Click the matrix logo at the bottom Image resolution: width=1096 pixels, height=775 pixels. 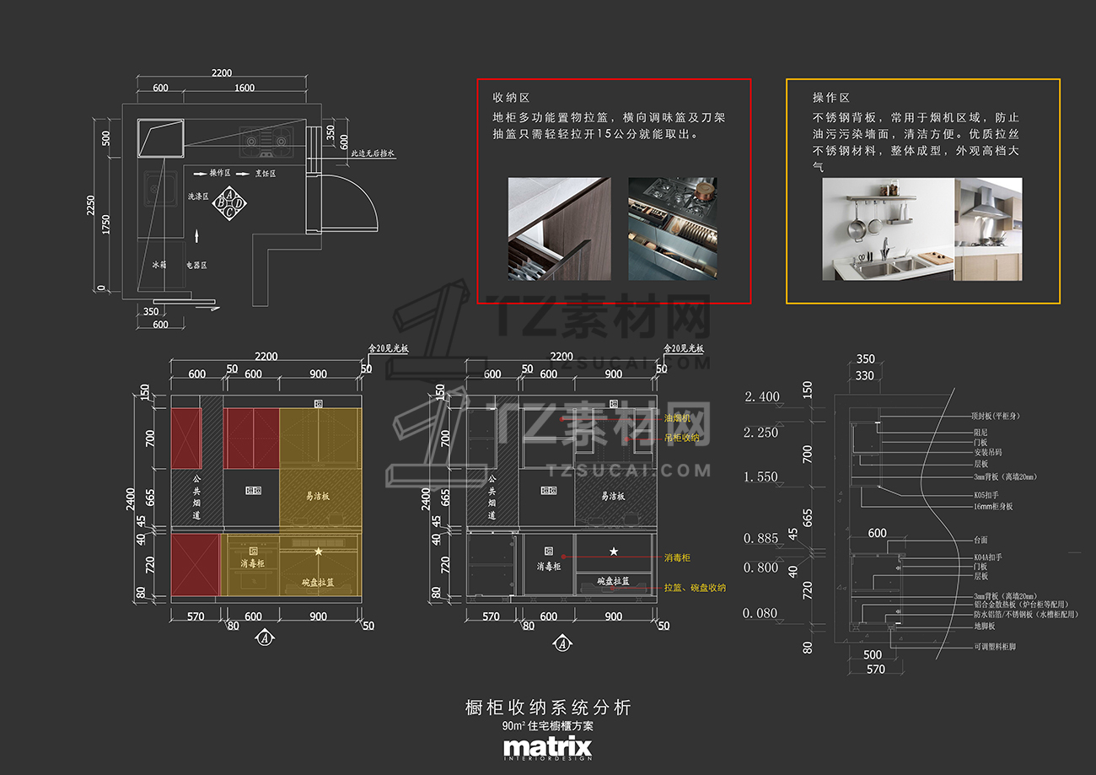tap(548, 748)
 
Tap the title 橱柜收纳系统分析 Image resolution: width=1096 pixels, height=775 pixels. tap(548, 708)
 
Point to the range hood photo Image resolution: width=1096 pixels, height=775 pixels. tap(988, 229)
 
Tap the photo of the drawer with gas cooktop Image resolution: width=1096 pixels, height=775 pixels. tap(673, 228)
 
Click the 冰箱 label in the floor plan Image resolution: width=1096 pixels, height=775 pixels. tap(159, 265)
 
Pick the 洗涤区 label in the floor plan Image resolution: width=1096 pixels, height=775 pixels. tap(198, 196)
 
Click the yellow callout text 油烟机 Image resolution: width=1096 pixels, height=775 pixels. tap(677, 418)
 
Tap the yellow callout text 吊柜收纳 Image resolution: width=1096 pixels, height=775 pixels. tap(681, 438)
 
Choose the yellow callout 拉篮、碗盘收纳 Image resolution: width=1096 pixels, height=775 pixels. tap(695, 588)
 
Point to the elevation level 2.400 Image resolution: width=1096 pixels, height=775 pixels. tap(762, 396)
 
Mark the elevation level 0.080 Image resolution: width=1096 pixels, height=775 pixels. tap(760, 613)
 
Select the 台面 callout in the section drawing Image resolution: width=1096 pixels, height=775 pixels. tap(980, 540)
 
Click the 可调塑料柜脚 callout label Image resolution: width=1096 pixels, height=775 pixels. tap(995, 647)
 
